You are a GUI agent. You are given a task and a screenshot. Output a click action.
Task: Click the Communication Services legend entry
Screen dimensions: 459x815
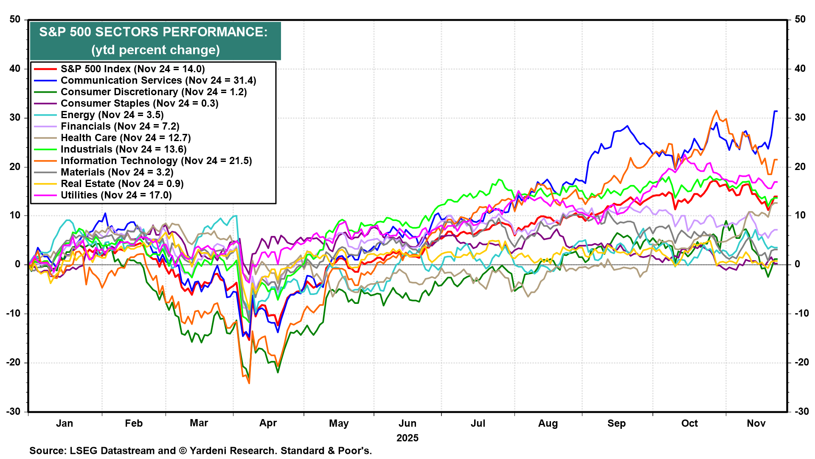[158, 81]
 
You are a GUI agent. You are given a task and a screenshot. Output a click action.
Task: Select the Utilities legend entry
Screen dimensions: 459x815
[116, 195]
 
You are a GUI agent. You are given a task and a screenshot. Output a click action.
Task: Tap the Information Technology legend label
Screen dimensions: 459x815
[156, 161]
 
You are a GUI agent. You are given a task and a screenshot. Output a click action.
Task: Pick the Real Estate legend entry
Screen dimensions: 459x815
[122, 184]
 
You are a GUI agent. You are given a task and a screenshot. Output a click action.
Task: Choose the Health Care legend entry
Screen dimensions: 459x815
[125, 138]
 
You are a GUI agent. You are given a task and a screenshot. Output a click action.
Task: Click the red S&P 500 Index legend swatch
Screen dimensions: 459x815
[45, 69]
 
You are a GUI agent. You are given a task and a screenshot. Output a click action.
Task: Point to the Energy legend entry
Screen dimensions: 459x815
[112, 115]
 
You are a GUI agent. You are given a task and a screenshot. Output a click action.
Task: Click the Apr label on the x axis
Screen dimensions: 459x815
[268, 423]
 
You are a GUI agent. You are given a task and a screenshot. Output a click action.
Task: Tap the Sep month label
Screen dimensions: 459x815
[616, 424]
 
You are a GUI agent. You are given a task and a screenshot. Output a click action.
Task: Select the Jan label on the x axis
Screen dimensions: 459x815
[65, 424]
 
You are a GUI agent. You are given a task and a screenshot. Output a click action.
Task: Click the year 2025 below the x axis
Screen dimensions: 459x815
[407, 438]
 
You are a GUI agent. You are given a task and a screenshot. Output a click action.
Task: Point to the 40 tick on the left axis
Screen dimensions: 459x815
[15, 69]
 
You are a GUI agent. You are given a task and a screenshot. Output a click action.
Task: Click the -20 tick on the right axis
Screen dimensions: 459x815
[800, 363]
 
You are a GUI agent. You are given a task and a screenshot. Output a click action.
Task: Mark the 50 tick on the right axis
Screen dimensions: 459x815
[800, 20]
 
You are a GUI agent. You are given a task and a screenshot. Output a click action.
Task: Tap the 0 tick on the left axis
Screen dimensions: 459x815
[18, 264]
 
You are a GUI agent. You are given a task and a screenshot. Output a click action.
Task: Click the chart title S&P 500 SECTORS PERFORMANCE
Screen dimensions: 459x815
[153, 32]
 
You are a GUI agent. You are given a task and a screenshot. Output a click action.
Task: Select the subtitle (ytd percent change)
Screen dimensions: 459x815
[155, 50]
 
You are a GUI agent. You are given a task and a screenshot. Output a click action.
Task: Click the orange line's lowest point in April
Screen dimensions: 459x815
[249, 383]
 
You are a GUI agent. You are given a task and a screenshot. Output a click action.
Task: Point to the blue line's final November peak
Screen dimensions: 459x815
[775, 111]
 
